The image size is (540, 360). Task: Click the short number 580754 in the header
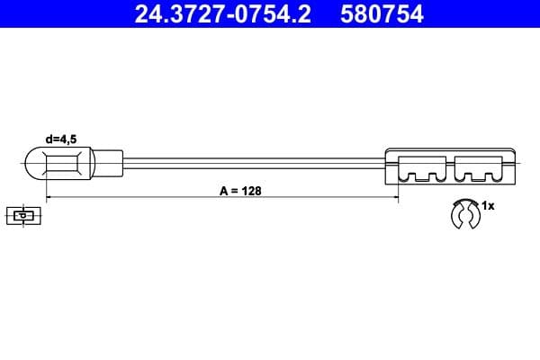click(382, 14)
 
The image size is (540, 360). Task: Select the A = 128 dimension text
click(239, 191)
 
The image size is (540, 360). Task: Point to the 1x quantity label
click(489, 206)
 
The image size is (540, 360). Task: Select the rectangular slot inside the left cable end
click(67, 166)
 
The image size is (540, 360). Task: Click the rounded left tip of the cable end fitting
click(28, 166)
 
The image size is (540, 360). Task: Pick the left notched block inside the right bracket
click(422, 168)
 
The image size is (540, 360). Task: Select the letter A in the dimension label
click(223, 191)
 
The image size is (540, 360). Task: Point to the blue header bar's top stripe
click(270, 2)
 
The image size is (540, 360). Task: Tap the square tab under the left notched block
click(422, 177)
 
